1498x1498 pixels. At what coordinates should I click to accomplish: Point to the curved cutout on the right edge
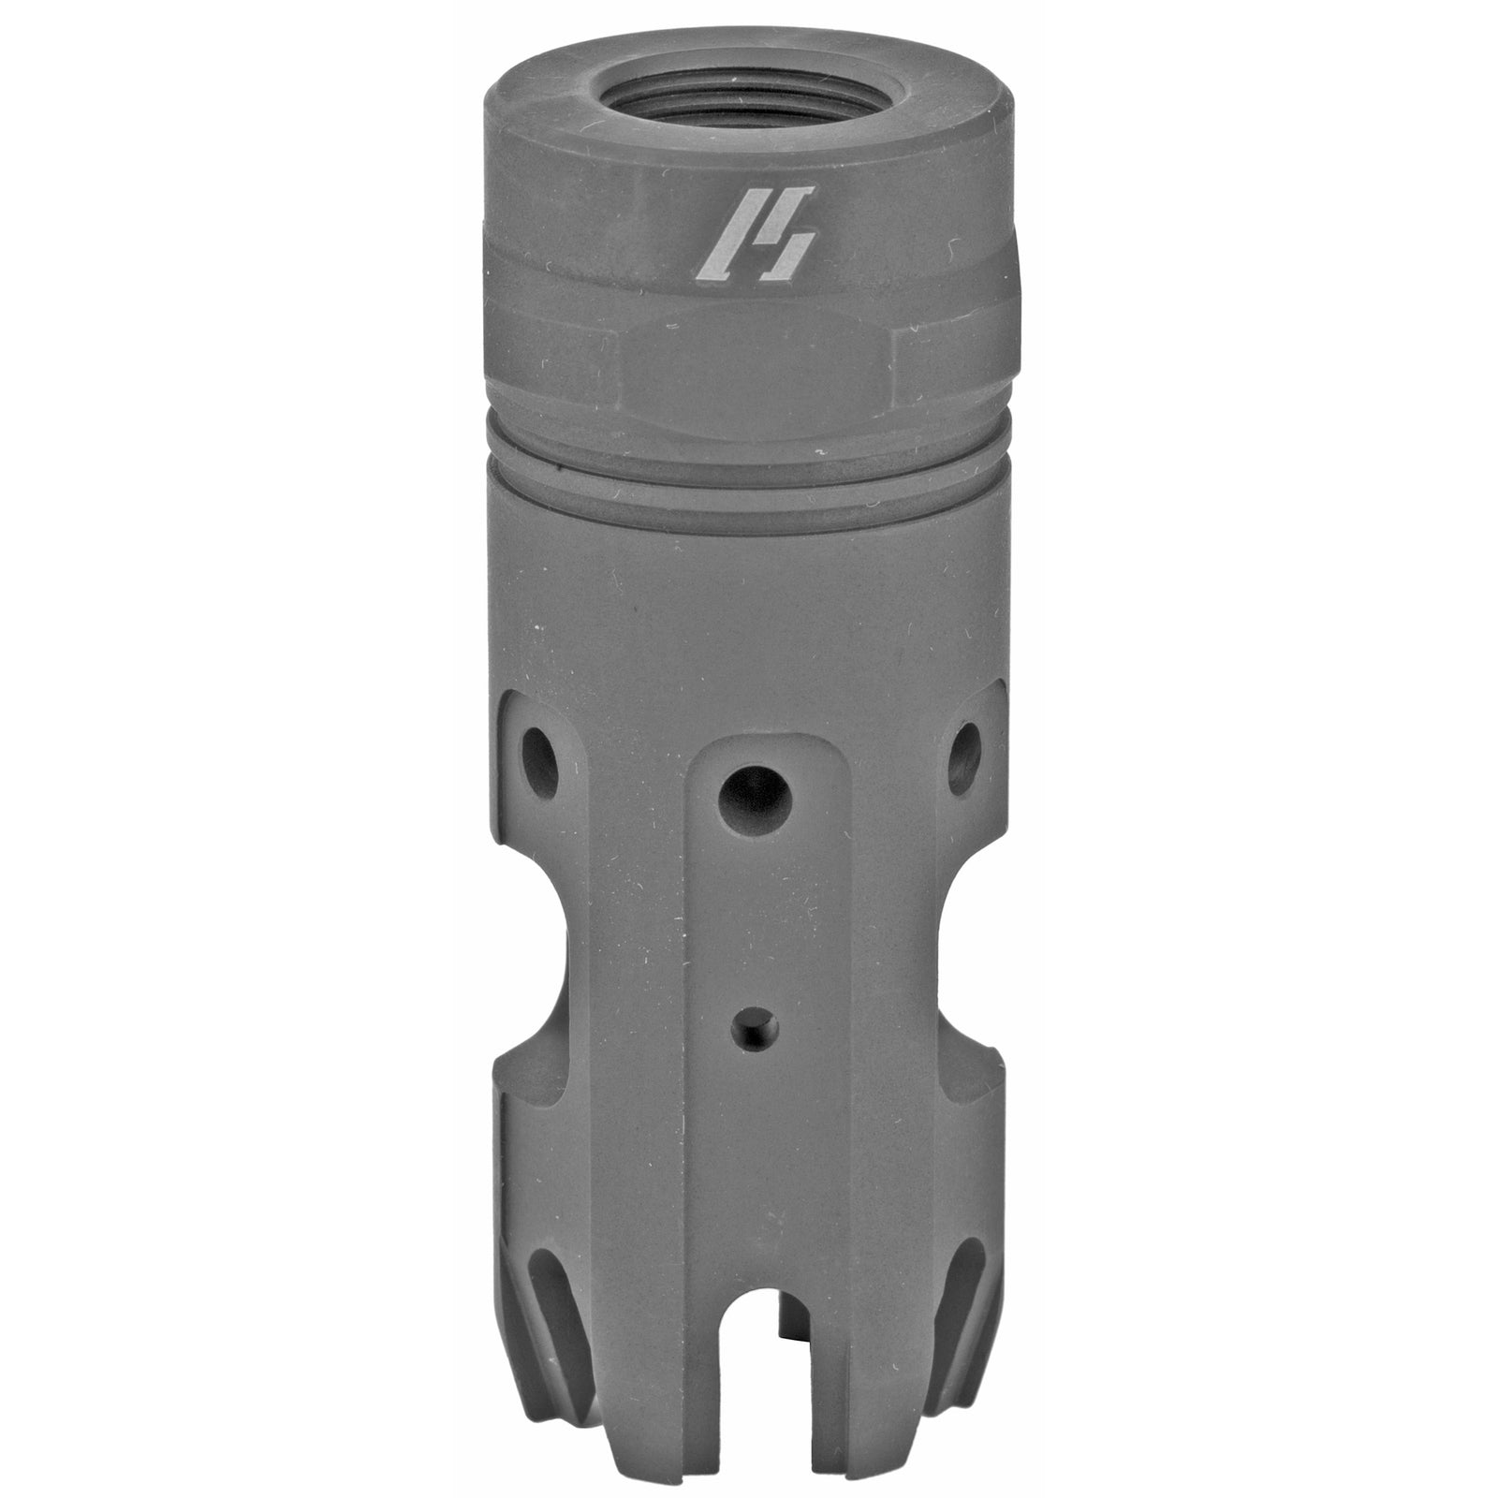coord(978,946)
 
